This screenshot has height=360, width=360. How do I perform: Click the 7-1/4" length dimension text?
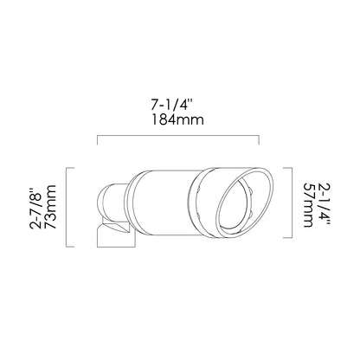[171, 105]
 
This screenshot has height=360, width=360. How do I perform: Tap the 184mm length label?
[177, 119]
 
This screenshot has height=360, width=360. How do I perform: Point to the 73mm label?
[50, 207]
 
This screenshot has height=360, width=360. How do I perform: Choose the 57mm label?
[308, 205]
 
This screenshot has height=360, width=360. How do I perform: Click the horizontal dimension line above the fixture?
[178, 136]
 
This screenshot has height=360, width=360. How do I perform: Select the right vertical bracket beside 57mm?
[288, 202]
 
